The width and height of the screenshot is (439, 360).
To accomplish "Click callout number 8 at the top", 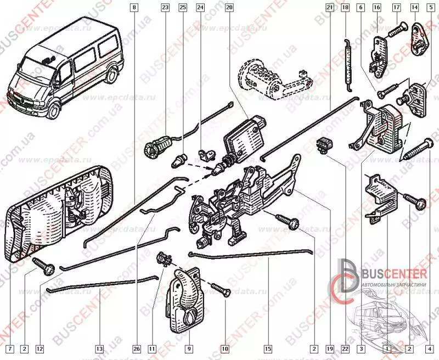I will tap(134, 8).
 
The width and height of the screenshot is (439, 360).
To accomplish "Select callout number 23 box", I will tap(165, 8).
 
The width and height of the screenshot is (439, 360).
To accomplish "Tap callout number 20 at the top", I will tap(229, 8).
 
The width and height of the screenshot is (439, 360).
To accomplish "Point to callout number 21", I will tap(329, 8).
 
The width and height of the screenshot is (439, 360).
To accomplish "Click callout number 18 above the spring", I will tap(345, 8).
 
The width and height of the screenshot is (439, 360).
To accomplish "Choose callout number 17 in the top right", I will tap(396, 8).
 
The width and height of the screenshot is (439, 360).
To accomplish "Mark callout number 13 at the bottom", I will tap(99, 348).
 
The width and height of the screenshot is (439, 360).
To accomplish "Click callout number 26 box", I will tap(136, 348).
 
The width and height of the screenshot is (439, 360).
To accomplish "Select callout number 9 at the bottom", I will tap(188, 348).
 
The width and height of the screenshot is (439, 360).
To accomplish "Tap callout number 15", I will tap(268, 348).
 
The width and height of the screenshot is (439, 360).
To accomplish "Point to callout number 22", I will tap(344, 348).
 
